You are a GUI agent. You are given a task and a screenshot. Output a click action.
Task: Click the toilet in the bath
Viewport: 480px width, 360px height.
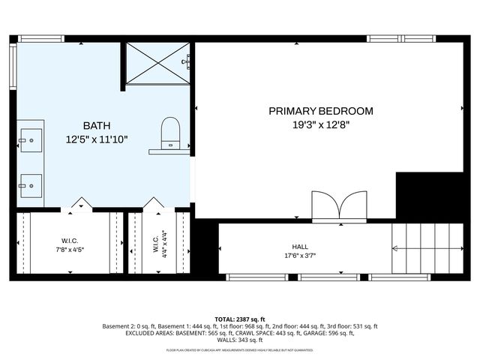(x=170, y=133)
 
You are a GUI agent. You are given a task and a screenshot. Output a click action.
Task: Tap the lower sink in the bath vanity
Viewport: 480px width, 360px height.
(x=31, y=184)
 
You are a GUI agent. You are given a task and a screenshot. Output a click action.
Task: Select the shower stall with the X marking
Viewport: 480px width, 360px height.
(x=157, y=63)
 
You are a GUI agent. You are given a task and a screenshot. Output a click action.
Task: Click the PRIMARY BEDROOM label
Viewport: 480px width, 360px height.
(x=320, y=111)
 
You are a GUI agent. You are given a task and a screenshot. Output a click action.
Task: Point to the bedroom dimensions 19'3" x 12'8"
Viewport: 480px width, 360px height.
(x=320, y=125)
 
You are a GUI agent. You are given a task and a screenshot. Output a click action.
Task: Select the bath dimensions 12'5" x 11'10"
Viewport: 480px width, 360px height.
(x=97, y=139)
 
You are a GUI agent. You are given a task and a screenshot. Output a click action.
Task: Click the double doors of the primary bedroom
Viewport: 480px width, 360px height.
(x=340, y=205)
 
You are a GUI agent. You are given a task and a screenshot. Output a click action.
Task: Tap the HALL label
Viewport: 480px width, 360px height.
(x=300, y=246)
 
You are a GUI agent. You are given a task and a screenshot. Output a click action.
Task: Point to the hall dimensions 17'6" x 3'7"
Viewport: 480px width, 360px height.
(x=300, y=256)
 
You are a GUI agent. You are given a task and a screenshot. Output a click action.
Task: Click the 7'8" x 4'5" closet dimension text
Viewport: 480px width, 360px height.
(x=68, y=250)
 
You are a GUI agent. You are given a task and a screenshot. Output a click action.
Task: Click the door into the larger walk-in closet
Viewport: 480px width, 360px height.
(x=81, y=203)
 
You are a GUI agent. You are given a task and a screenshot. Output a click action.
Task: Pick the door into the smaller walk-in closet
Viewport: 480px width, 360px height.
(x=154, y=203)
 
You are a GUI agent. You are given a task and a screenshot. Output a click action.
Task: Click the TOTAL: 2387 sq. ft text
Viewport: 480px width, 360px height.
(x=240, y=319)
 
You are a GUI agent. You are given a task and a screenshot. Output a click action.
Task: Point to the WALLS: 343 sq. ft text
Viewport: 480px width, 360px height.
(x=240, y=340)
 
